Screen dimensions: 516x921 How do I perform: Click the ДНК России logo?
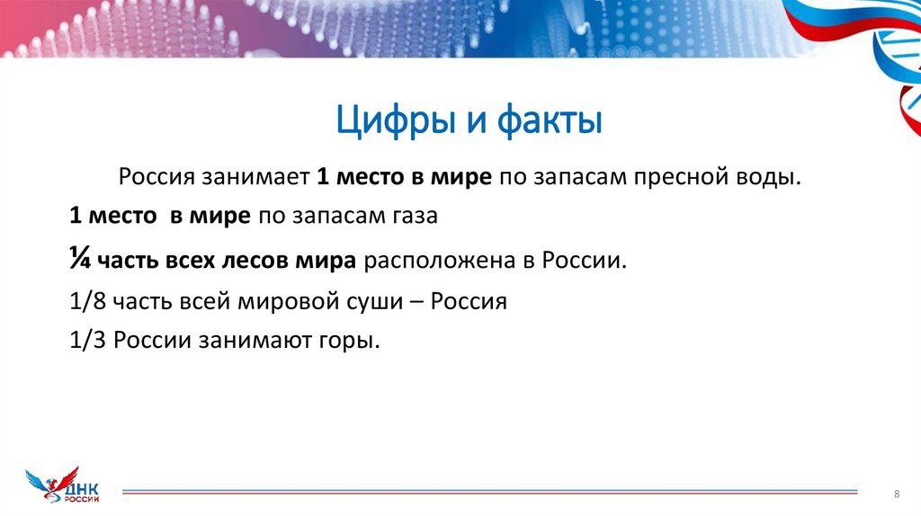(x=64, y=486)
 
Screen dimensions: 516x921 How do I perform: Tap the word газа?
(x=415, y=217)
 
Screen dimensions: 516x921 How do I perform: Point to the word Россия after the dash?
(x=469, y=302)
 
